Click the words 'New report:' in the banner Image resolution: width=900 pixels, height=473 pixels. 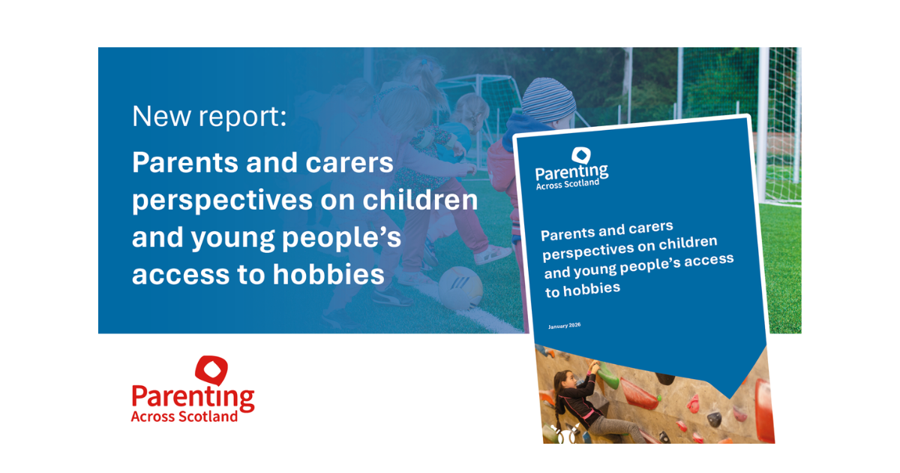tap(209, 116)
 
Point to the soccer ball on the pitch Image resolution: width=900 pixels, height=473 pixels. tap(460, 288)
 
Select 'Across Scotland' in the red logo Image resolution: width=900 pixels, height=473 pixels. tap(184, 416)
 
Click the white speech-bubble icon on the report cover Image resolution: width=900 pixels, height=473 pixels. tap(581, 155)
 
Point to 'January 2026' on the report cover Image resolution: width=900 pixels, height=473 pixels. tap(564, 326)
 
